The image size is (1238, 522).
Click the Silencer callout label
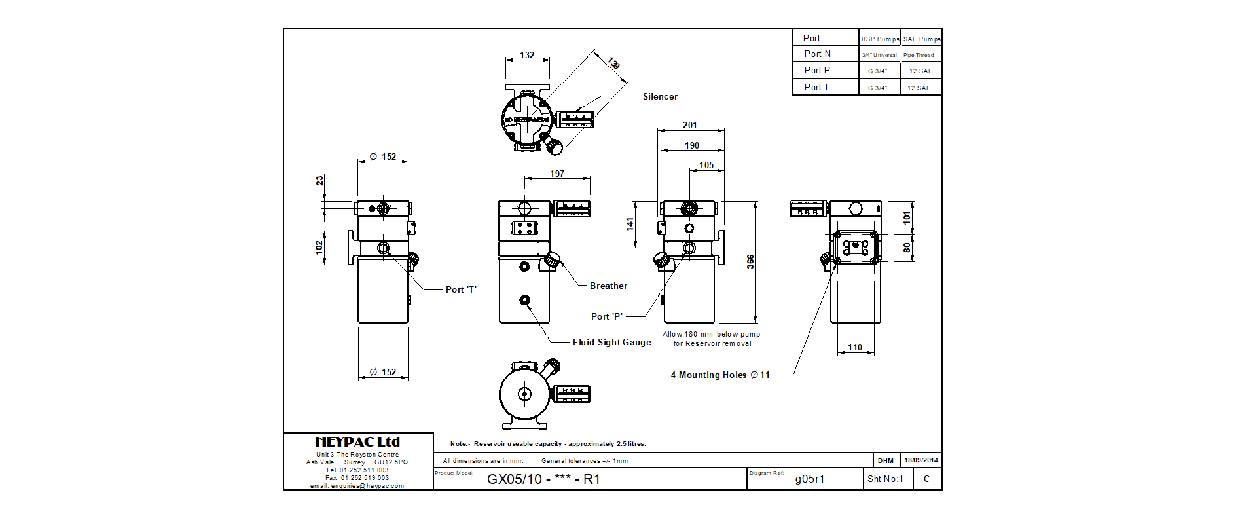[660, 96]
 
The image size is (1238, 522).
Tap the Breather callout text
[608, 286]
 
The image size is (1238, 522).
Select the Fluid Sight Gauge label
[611, 342]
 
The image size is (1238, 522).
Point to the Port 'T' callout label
[461, 289]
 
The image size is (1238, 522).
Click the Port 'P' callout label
[607, 316]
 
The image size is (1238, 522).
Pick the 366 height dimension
[750, 261]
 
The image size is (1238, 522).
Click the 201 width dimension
[690, 125]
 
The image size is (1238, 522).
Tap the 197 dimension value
[557, 174]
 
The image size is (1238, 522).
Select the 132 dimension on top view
[527, 55]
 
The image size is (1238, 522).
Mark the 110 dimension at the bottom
[855, 347]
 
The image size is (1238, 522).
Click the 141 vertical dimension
[630, 225]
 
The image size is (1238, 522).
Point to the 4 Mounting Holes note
[720, 375]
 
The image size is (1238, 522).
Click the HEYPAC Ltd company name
[357, 442]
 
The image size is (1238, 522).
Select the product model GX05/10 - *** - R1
[543, 479]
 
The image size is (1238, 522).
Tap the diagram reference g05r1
[810, 479]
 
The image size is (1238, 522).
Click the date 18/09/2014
[921, 460]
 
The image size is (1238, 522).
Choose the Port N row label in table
[818, 54]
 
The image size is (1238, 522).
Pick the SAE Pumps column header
[922, 39]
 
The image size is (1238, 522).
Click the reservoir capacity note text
[548, 443]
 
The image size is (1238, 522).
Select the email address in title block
[357, 486]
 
